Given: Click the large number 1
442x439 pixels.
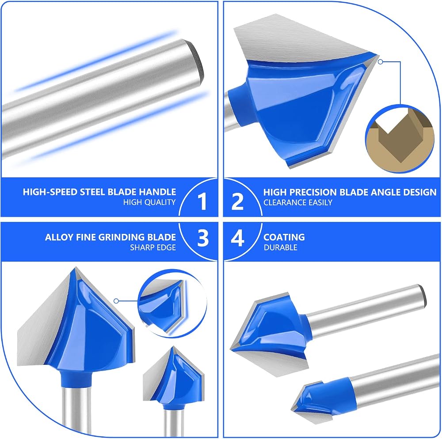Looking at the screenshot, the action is [203, 202].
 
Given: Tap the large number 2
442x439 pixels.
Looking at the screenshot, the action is [237, 202].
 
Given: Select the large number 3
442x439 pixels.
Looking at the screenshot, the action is [203, 238].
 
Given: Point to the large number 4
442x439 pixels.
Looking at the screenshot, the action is [237, 238].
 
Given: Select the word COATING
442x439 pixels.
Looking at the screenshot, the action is [284, 237].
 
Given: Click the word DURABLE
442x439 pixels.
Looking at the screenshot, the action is [281, 248].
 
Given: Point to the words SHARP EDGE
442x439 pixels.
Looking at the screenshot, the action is [153, 248].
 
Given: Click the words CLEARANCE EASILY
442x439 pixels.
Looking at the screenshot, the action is [297, 203].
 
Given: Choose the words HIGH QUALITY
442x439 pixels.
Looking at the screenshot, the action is [149, 202].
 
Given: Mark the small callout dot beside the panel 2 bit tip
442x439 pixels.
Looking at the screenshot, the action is [380, 62].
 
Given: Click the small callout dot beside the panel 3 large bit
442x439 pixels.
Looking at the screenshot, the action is [116, 301].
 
